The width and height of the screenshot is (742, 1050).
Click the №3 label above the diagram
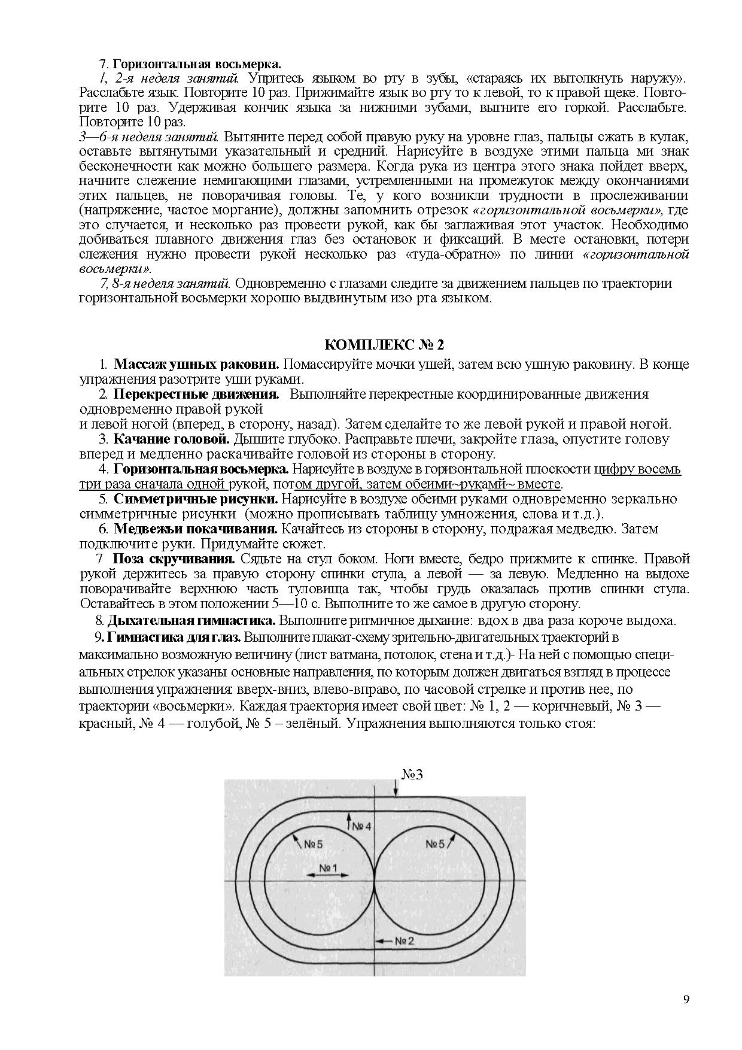click(412, 774)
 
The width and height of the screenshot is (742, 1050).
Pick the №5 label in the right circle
click(436, 844)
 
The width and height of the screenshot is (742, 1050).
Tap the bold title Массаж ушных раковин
click(197, 365)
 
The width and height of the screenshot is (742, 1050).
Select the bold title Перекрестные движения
click(197, 394)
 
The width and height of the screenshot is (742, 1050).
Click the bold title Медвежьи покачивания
click(196, 529)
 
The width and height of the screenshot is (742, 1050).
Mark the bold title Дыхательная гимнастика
click(191, 620)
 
